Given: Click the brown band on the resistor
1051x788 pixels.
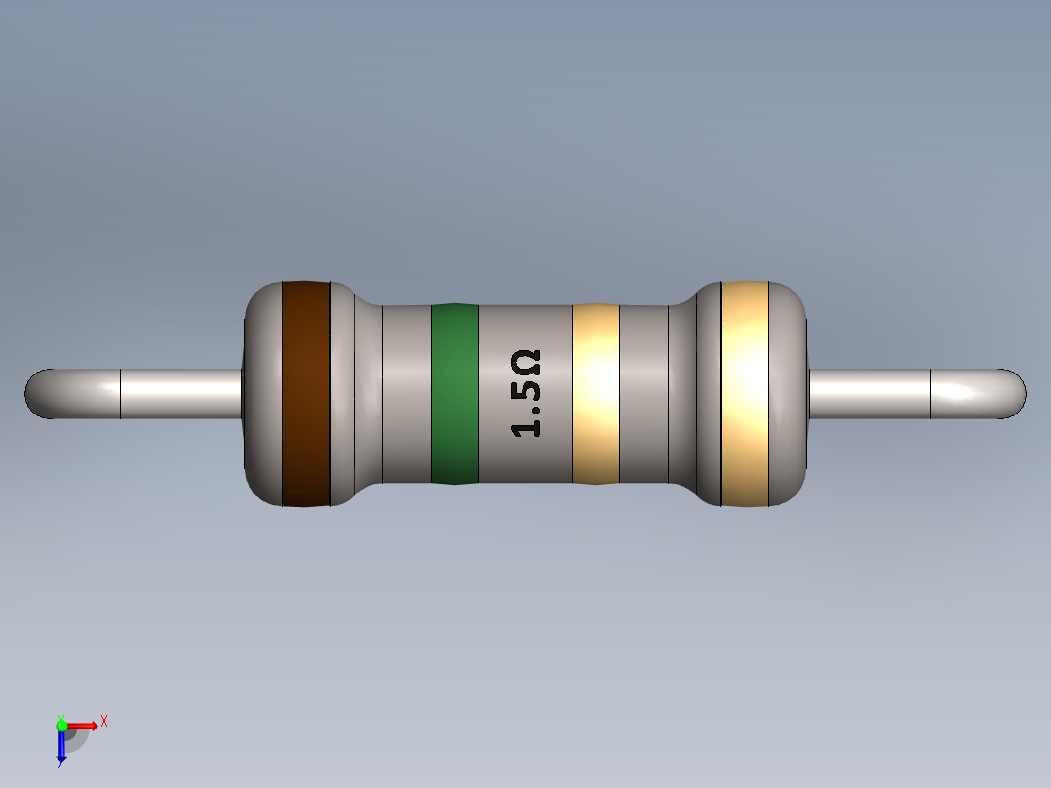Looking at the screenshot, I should click(x=305, y=393).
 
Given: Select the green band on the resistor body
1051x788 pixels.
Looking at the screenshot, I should click(x=454, y=393).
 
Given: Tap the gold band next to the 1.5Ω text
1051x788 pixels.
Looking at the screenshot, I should click(x=596, y=393).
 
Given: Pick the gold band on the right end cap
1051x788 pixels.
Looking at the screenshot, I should click(x=745, y=393).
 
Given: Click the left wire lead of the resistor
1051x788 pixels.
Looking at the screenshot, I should click(x=175, y=393).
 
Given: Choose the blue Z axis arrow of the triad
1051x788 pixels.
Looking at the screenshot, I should click(x=61, y=747).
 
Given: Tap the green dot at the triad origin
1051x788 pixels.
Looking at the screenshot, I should click(x=61, y=725).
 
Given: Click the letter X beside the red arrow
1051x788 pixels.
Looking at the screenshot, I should click(x=103, y=722).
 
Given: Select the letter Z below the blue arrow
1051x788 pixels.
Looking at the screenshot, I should click(x=61, y=766).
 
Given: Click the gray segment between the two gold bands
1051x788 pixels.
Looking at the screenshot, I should click(x=643, y=393).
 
